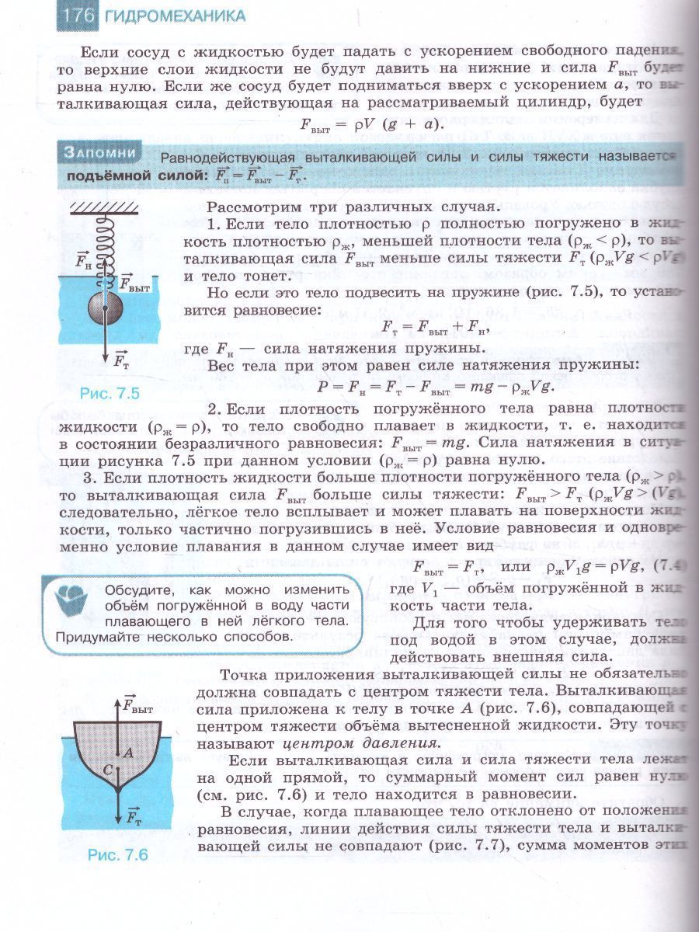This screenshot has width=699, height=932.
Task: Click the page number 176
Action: [79, 16]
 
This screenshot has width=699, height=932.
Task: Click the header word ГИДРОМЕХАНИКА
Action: [175, 16]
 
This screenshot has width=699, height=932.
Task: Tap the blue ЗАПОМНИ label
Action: [101, 154]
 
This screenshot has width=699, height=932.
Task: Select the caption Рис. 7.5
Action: [110, 394]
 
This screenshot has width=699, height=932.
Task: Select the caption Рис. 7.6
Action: [117, 855]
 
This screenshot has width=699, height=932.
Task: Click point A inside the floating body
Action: [129, 752]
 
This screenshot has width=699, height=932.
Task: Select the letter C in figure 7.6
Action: [108, 769]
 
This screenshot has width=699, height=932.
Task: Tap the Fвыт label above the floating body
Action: [137, 706]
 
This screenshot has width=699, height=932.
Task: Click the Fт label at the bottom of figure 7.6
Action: [133, 816]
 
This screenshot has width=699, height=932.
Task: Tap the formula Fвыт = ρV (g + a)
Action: [369, 124]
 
